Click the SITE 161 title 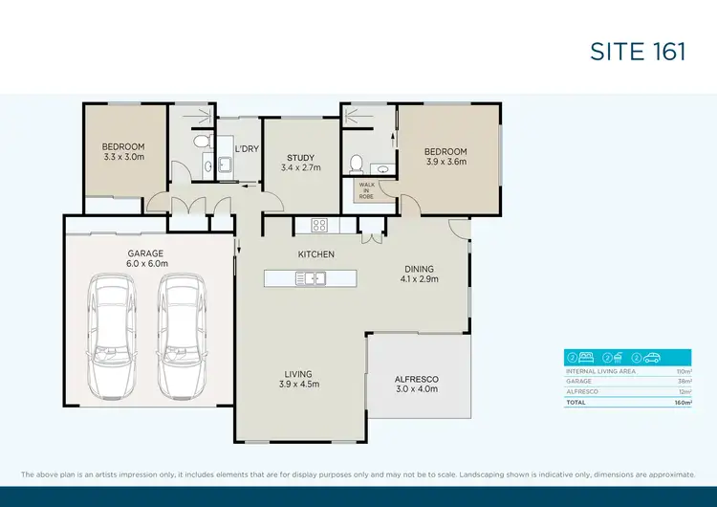click(638, 51)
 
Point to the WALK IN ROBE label click(366, 189)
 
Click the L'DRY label click(247, 148)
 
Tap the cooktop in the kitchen click(319, 227)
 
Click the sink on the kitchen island click(311, 278)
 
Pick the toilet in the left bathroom click(200, 142)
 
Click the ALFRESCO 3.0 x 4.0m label click(416, 384)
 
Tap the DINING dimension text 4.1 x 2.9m click(419, 280)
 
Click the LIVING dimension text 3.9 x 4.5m click(299, 384)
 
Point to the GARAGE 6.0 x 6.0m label click(147, 258)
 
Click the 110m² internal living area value click(684, 370)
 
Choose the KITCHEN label click(315, 254)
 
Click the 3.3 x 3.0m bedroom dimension click(123, 157)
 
